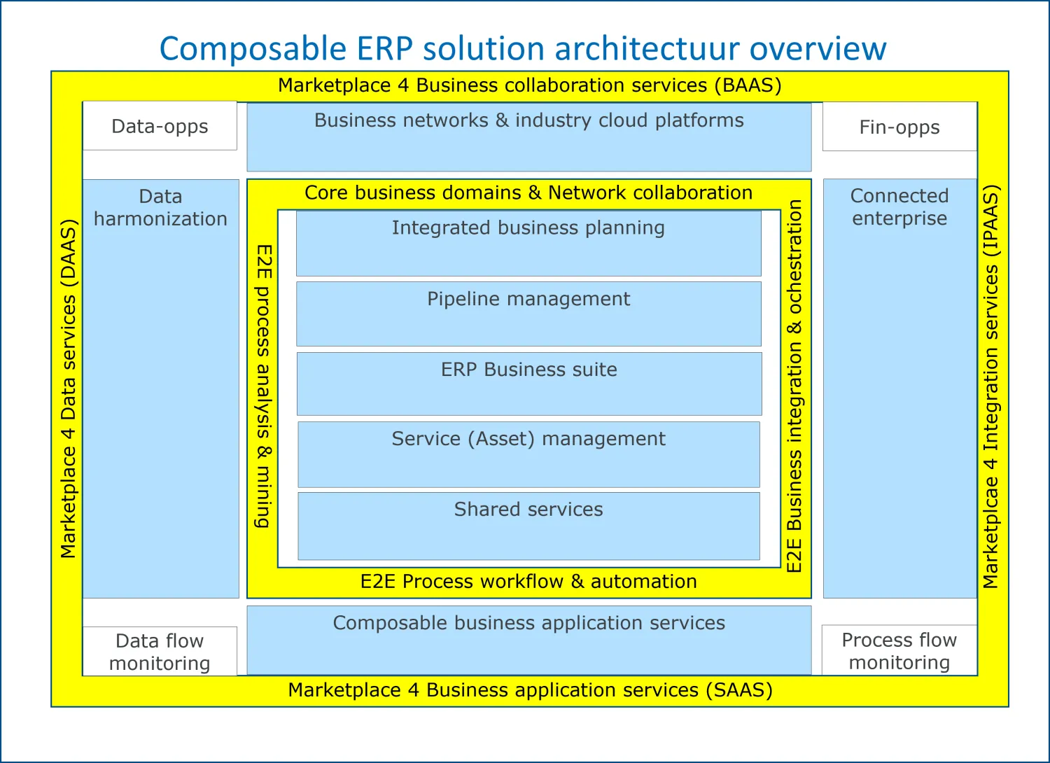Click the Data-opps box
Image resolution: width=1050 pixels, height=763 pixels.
pos(160,125)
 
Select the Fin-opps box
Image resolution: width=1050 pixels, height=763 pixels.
pos(899,127)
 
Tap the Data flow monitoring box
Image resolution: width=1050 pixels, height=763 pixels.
pos(160,651)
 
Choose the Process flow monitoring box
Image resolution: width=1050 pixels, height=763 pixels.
pos(899,650)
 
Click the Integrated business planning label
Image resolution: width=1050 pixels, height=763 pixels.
pos(528,227)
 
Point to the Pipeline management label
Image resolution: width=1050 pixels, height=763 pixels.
pos(528,299)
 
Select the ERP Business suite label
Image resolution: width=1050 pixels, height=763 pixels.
pos(528,370)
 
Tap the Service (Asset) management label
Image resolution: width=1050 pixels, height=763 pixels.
pos(528,439)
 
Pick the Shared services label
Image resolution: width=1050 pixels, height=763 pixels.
pos(528,509)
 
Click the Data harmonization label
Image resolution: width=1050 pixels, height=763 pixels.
pos(160,208)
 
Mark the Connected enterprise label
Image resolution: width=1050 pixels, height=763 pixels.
pos(899,206)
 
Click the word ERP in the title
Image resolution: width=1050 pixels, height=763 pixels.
pos(384,48)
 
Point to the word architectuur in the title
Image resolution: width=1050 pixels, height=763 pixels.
pos(647,48)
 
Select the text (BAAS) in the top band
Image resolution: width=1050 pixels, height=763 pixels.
pos(748,85)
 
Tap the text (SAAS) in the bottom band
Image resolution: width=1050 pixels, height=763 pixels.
pos(739,690)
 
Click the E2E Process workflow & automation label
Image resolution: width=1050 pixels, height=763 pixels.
pos(528,581)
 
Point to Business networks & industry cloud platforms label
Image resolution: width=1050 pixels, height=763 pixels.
pos(528,120)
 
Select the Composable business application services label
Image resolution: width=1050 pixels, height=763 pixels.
pos(528,623)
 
